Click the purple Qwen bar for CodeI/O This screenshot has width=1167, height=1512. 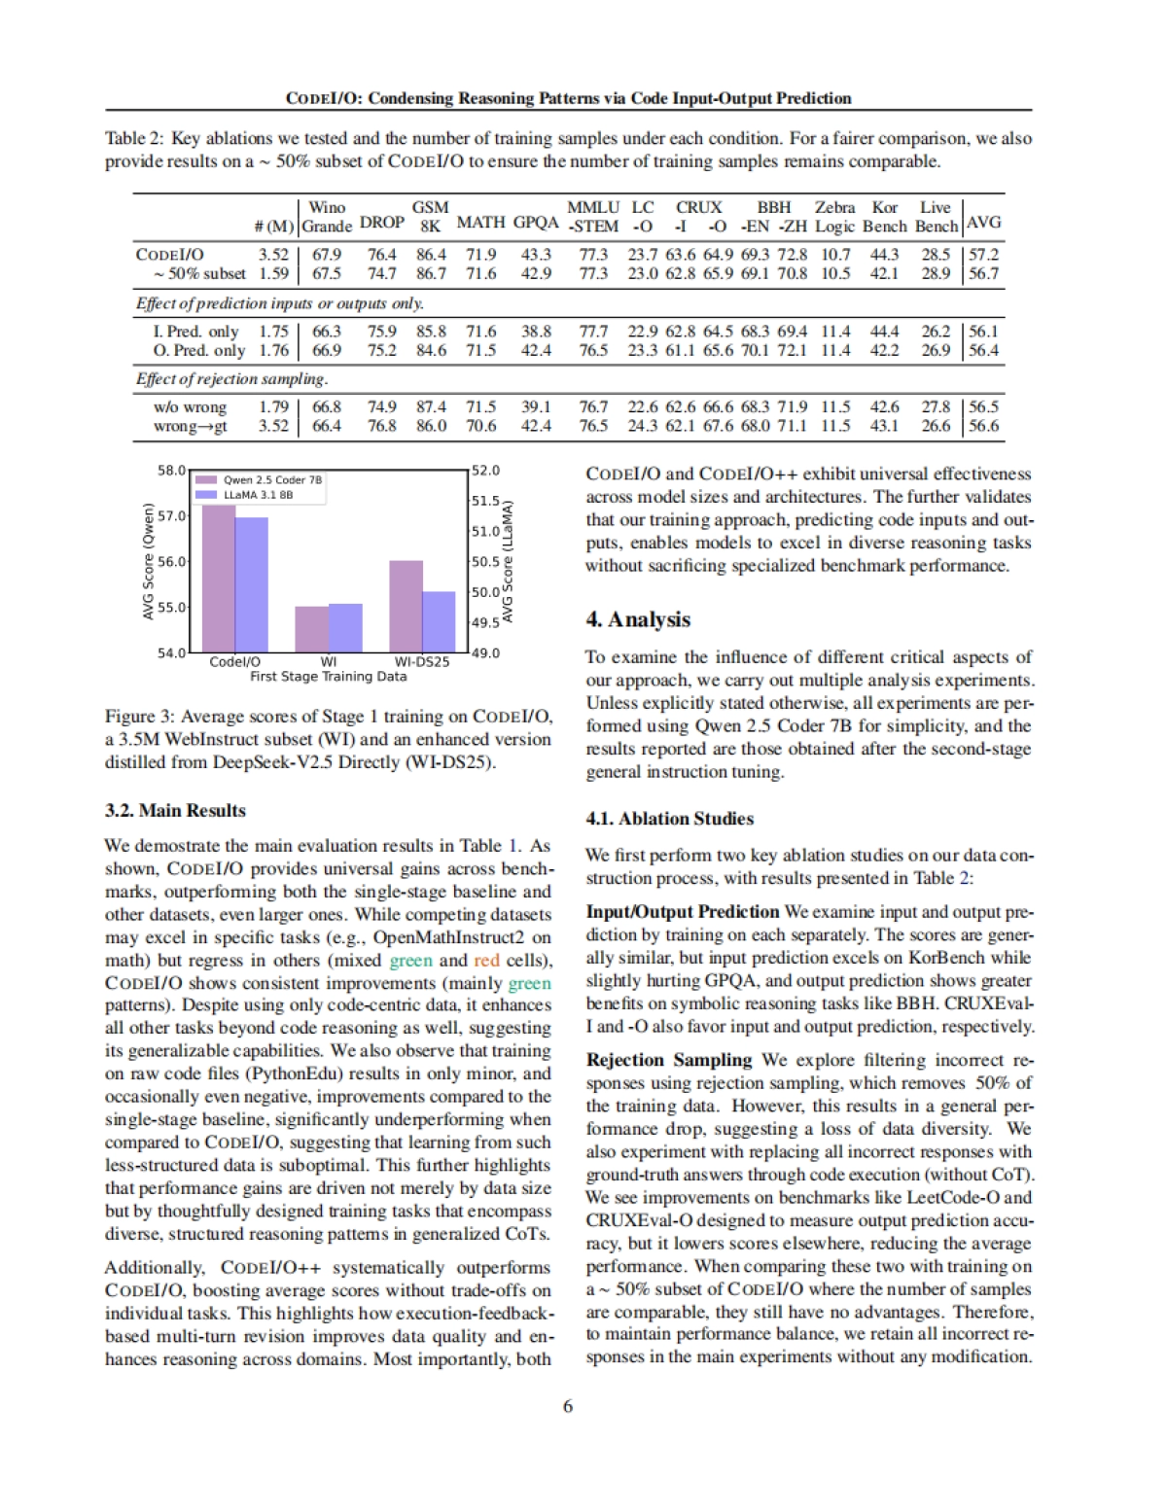tap(219, 579)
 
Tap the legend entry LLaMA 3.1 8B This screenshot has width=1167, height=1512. tap(258, 495)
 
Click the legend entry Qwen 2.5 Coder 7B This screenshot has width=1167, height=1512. tap(271, 479)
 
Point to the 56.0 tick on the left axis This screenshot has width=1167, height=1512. tap(171, 562)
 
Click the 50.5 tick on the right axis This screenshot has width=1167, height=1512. tap(485, 562)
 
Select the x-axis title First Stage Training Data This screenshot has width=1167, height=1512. tap(328, 676)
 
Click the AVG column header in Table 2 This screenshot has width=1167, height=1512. tap(984, 222)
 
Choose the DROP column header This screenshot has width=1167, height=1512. tap(381, 222)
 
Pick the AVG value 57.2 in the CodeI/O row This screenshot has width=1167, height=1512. tap(984, 255)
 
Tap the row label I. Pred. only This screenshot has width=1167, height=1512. tap(195, 332)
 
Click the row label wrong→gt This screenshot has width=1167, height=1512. tap(190, 426)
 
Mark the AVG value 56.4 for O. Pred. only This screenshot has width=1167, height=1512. tap(984, 350)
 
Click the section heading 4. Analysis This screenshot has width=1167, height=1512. tap(638, 619)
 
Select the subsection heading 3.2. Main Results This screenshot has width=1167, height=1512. tap(175, 810)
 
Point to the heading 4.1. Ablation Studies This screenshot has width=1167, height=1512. tap(669, 819)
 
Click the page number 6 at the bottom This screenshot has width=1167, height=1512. tap(568, 1406)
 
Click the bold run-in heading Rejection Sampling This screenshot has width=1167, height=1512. tap(669, 1060)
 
